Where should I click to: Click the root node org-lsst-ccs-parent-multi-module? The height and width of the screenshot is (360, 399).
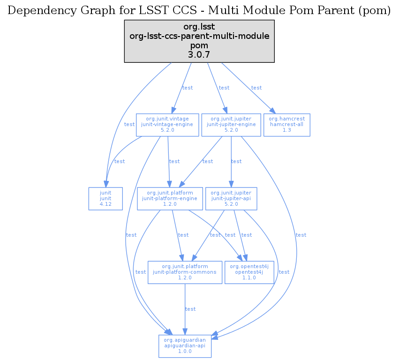[x=199, y=41]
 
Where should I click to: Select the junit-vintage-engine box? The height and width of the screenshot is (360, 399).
[x=167, y=125]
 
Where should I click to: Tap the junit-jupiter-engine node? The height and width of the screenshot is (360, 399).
[x=231, y=125]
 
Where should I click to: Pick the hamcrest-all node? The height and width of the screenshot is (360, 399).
[x=286, y=125]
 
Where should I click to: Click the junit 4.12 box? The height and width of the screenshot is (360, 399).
[x=105, y=198]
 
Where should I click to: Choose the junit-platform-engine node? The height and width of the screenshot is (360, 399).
[x=170, y=198]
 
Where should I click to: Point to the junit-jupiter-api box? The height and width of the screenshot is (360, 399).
[x=231, y=198]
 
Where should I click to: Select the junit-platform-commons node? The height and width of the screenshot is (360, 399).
[x=185, y=272]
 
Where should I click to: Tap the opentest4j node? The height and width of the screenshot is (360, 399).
[x=249, y=272]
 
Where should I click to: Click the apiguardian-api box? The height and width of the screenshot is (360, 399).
[x=185, y=345]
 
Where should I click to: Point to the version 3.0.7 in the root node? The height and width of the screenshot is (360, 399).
[x=199, y=55]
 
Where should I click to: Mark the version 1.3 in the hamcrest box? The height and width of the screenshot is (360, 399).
[x=286, y=131]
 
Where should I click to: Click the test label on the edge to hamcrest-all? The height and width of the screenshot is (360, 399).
[x=256, y=88]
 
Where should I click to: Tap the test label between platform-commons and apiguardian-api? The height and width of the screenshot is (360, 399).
[x=190, y=309]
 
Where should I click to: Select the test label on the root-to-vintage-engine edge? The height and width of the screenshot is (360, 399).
[x=188, y=88]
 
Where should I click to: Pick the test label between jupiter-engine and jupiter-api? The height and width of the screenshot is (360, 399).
[x=236, y=161]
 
